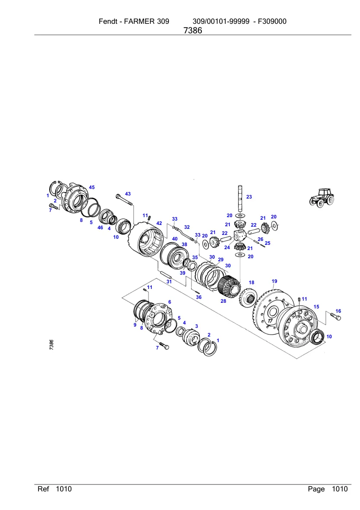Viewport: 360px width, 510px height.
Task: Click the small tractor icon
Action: [322, 198]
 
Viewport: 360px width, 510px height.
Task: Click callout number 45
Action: [92, 187]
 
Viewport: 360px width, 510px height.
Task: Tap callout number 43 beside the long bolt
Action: [127, 194]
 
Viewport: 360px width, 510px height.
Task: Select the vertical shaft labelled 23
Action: [240, 199]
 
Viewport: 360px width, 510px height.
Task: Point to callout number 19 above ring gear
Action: [274, 281]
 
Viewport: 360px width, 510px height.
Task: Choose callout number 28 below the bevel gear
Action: [223, 301]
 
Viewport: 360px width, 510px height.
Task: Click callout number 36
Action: [199, 297]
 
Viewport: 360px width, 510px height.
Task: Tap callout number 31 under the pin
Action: [169, 282]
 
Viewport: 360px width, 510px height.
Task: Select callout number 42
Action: [159, 223]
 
